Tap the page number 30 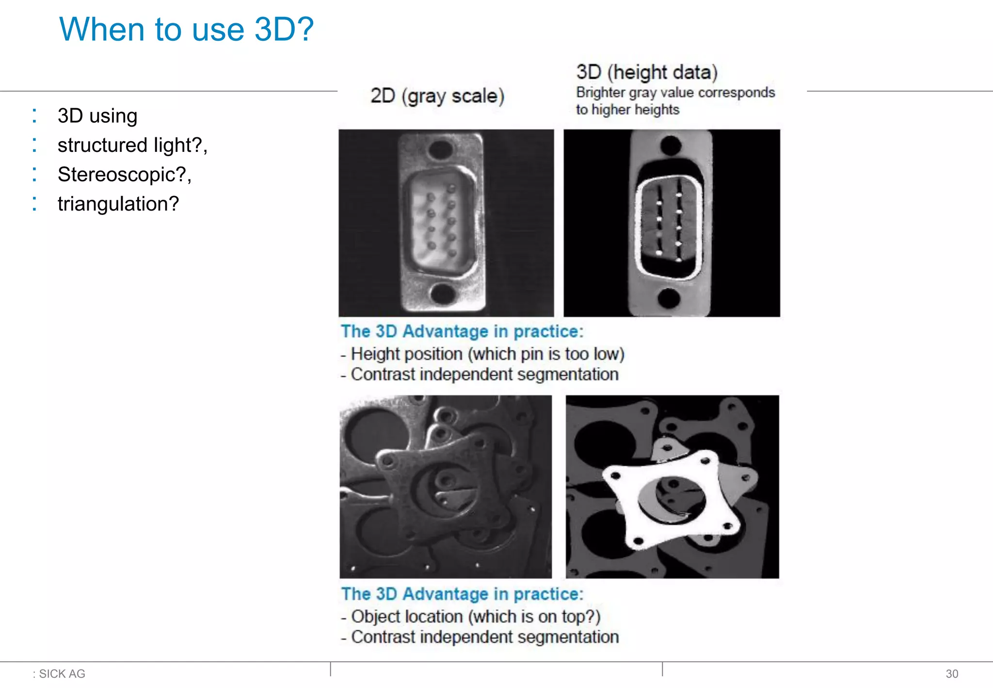951,673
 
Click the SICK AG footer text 62,673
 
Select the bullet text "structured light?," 132,145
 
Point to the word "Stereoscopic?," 125,175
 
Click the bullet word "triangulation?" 118,204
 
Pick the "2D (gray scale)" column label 437,96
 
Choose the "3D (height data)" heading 647,72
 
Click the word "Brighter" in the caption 600,92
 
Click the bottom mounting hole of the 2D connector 443,293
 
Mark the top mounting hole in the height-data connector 671,145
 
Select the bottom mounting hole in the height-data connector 669,298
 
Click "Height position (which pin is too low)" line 487,354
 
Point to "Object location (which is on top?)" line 476,616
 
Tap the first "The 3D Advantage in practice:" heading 462,331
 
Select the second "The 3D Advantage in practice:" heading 462,594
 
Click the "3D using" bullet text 97,116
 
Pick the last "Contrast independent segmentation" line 485,637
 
